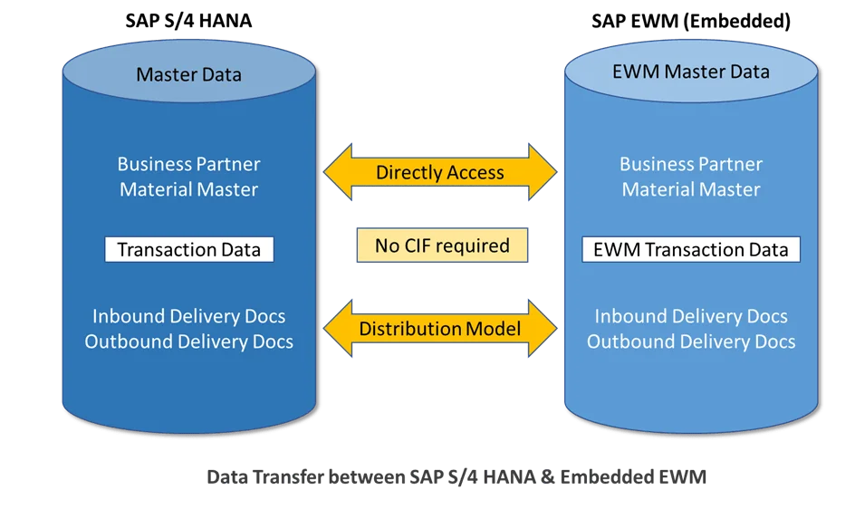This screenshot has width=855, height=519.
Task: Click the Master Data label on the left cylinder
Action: (x=188, y=74)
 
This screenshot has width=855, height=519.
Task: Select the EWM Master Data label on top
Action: (x=691, y=72)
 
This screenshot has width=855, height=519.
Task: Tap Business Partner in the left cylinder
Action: (x=188, y=164)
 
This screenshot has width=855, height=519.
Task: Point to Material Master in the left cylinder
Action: (x=188, y=189)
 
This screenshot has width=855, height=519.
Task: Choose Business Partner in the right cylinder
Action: (x=691, y=164)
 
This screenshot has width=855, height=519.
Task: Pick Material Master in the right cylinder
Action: (x=691, y=189)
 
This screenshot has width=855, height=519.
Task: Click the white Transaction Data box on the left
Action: (x=188, y=250)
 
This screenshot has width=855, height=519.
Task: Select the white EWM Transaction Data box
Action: (x=691, y=250)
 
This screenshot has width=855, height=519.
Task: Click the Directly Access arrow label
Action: (x=440, y=172)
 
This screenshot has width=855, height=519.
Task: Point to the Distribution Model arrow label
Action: (x=440, y=328)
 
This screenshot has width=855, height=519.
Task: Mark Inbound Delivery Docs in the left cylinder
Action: (x=188, y=316)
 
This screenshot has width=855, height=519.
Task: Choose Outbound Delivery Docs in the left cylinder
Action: (x=188, y=341)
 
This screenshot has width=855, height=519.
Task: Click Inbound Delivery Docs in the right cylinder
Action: (x=691, y=316)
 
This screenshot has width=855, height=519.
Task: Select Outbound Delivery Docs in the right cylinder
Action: (x=691, y=341)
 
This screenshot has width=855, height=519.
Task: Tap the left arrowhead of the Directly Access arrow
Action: (x=338, y=172)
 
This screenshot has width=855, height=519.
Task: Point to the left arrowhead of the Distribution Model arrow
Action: (x=338, y=328)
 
